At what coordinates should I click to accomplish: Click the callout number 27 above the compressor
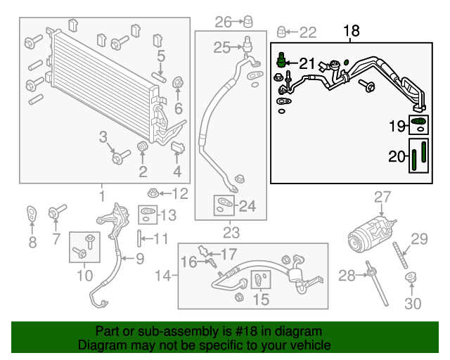tap(381, 196)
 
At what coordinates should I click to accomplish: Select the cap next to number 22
tap(281, 32)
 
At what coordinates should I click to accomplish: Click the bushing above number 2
tap(143, 146)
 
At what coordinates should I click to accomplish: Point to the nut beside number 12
tap(153, 193)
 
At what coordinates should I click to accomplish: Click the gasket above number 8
tap(32, 212)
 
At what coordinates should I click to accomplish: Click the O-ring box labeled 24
tap(223, 205)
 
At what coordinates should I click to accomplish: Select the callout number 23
tap(231, 232)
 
